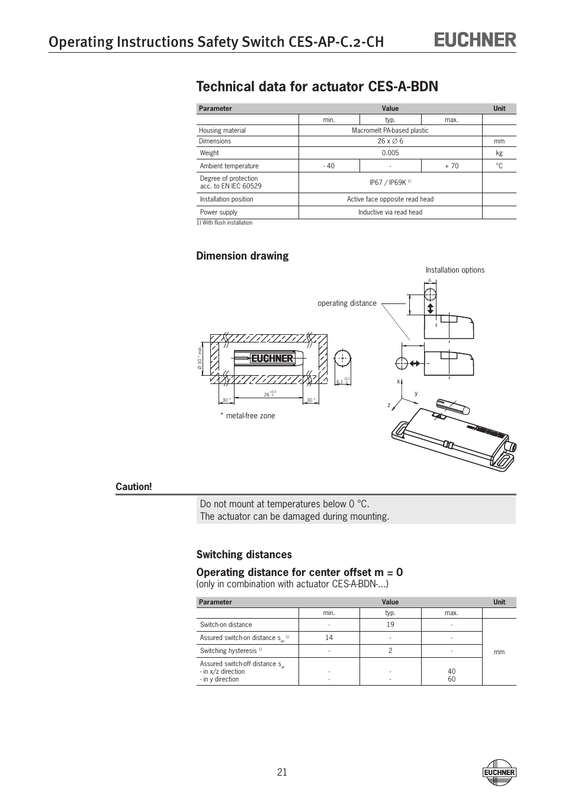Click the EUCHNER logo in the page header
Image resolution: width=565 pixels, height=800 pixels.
(476, 40)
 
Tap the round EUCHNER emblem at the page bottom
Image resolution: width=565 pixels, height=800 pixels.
(499, 772)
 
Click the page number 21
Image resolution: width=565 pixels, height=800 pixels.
(281, 772)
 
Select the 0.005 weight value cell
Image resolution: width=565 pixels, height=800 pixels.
(390, 153)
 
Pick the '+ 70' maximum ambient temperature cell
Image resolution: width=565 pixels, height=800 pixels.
(451, 166)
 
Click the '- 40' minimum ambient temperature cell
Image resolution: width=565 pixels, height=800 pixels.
(329, 166)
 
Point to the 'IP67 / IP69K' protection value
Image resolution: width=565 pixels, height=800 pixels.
(389, 183)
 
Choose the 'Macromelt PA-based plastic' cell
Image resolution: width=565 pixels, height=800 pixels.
(390, 130)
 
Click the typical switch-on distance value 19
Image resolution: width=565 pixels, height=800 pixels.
(390, 625)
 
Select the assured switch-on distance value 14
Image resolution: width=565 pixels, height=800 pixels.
(329, 638)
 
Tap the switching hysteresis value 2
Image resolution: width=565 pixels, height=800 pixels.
(390, 651)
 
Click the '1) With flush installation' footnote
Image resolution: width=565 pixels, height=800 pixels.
(224, 223)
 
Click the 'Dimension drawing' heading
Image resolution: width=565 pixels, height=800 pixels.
(242, 256)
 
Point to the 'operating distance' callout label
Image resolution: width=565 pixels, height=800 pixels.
(347, 303)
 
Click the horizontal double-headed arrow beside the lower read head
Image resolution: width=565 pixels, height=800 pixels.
(414, 363)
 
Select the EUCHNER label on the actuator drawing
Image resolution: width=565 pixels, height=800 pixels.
(272, 359)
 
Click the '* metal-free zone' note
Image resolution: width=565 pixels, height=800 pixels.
(248, 416)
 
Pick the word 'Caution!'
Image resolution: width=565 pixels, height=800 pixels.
(133, 487)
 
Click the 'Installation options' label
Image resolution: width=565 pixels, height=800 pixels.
(455, 270)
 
